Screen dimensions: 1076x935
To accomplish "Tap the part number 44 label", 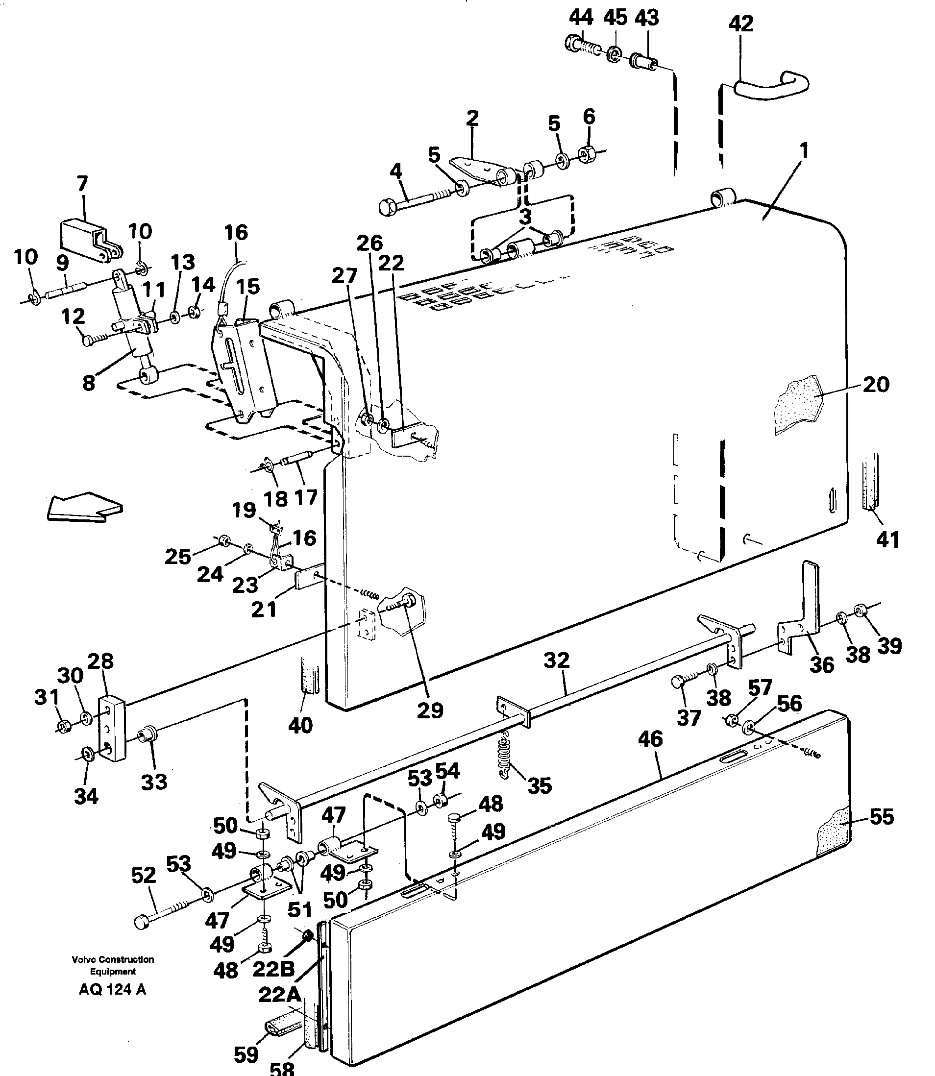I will tap(580, 18).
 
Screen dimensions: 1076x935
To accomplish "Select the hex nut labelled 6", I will tap(589, 154).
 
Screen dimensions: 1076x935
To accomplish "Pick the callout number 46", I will tap(650, 739).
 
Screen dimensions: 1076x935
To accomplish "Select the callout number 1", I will tap(804, 151).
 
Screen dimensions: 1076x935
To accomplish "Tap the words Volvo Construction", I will tap(113, 959).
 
